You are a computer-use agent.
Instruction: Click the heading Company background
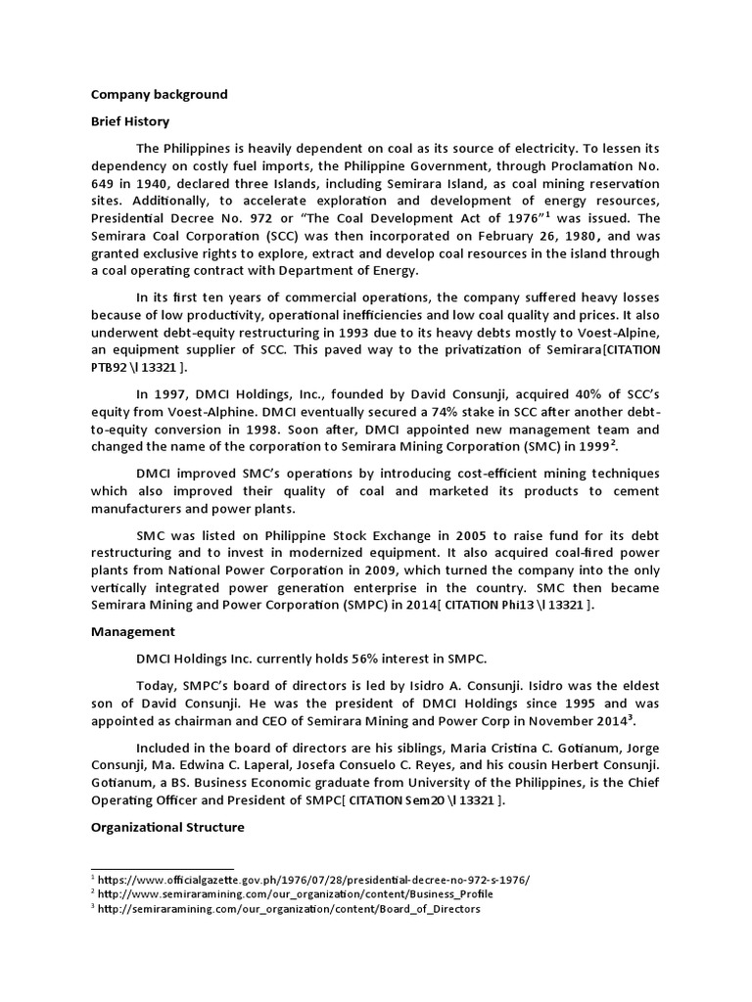pos(159,95)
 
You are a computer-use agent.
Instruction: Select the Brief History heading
pos(130,121)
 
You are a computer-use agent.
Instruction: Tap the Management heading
pos(133,632)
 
